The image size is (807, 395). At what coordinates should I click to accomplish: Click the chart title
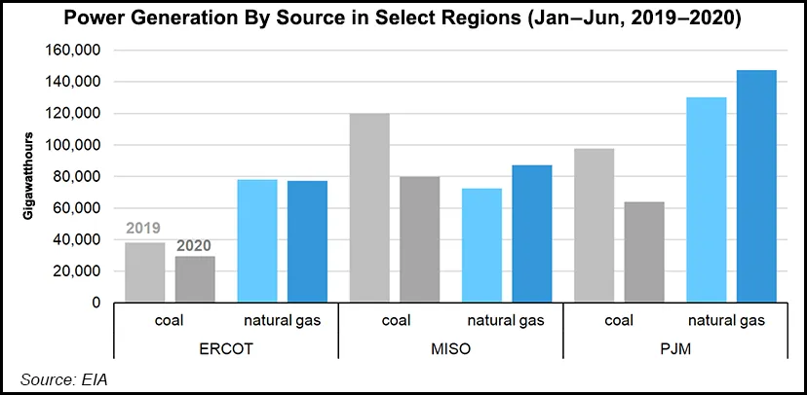pos(403,18)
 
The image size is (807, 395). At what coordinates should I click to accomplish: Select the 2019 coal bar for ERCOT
pos(144,272)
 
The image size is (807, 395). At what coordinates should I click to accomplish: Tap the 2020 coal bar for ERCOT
pos(195,279)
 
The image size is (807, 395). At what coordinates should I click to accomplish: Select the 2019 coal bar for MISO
pos(369,208)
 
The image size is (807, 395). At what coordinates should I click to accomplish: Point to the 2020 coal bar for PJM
pos(644,252)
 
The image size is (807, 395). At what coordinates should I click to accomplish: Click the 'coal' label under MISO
pos(394,320)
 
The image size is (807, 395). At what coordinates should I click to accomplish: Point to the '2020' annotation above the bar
pos(194,246)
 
